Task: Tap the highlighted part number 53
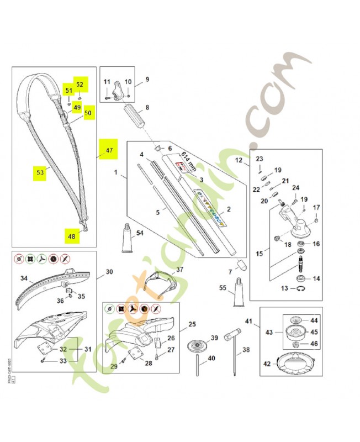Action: click(40, 172)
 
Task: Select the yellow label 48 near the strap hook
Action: click(71, 235)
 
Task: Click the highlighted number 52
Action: click(80, 85)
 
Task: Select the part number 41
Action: click(249, 321)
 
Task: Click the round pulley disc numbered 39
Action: click(196, 347)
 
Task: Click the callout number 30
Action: click(109, 272)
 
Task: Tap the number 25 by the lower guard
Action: click(192, 324)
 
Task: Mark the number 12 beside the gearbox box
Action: click(239, 161)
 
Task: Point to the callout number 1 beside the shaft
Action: click(116, 173)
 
